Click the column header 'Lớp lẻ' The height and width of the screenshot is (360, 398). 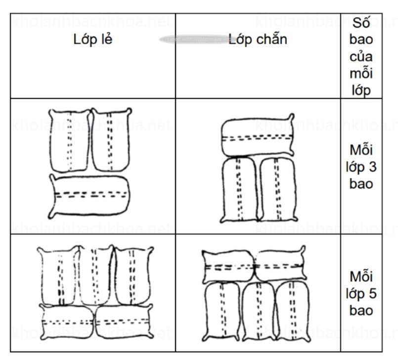93,40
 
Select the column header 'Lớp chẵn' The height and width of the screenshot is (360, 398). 258,40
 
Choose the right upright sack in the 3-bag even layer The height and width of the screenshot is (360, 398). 276,188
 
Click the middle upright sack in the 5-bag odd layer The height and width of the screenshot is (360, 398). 97,274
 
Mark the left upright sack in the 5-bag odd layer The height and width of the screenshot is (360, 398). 60,277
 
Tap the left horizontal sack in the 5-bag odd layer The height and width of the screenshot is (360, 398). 67,321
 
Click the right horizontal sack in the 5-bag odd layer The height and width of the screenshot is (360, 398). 123,321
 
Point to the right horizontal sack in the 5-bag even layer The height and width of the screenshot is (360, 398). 279,267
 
